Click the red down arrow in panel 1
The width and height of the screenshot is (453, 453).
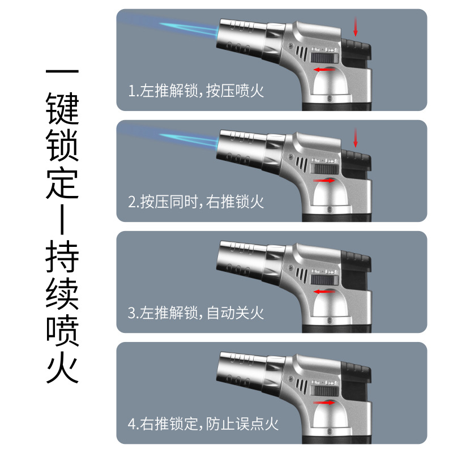coord(356,27)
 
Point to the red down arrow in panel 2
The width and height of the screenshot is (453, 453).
coord(356,138)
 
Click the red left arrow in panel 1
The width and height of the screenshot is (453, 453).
coord(324,70)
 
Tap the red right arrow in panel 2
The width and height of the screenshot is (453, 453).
coord(324,181)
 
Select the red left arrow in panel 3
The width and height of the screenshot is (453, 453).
coord(324,292)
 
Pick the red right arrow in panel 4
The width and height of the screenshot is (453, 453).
coord(324,403)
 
